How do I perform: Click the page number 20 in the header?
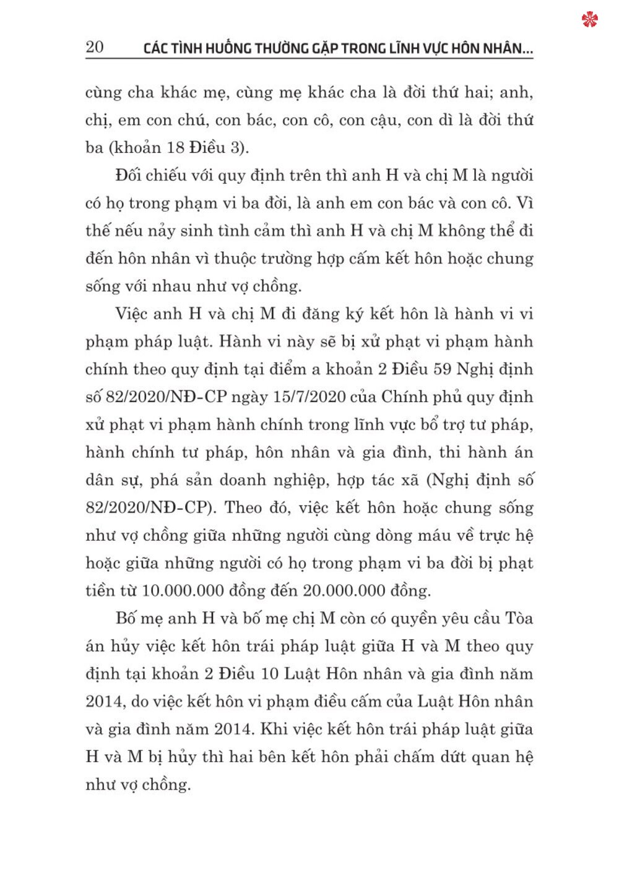(x=95, y=47)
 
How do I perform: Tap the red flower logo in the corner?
(x=590, y=20)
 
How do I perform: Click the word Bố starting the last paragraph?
(x=126, y=618)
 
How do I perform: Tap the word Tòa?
(x=519, y=618)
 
